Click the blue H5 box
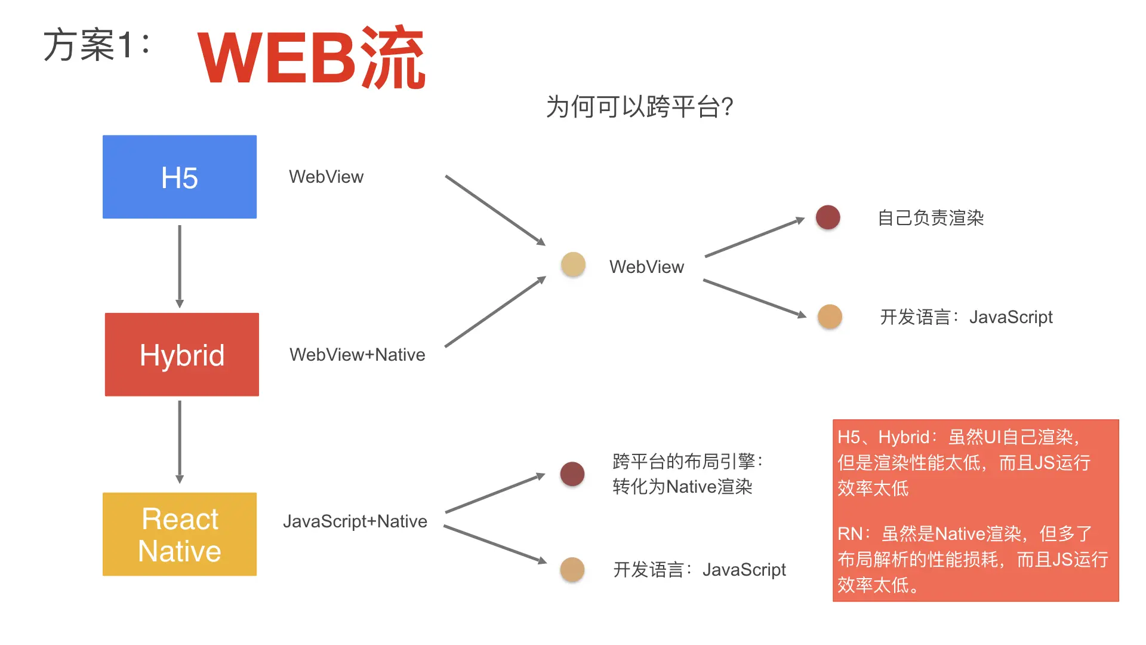click(x=180, y=177)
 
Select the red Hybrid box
click(x=182, y=355)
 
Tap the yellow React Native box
click(x=180, y=535)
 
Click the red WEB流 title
click(x=311, y=57)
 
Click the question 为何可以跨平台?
click(x=639, y=107)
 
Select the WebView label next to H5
click(x=326, y=177)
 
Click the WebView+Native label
click(x=357, y=355)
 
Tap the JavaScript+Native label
click(x=355, y=521)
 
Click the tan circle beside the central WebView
click(x=573, y=265)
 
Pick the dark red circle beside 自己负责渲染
click(x=828, y=217)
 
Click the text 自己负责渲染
click(x=931, y=218)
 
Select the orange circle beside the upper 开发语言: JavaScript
click(x=830, y=317)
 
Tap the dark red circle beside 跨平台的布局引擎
click(x=572, y=474)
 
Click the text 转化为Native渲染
click(x=682, y=487)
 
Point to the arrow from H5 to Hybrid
click(x=180, y=266)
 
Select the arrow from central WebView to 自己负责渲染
click(x=755, y=238)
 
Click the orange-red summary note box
click(x=975, y=511)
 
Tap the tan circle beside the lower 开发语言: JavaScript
click(x=572, y=570)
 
